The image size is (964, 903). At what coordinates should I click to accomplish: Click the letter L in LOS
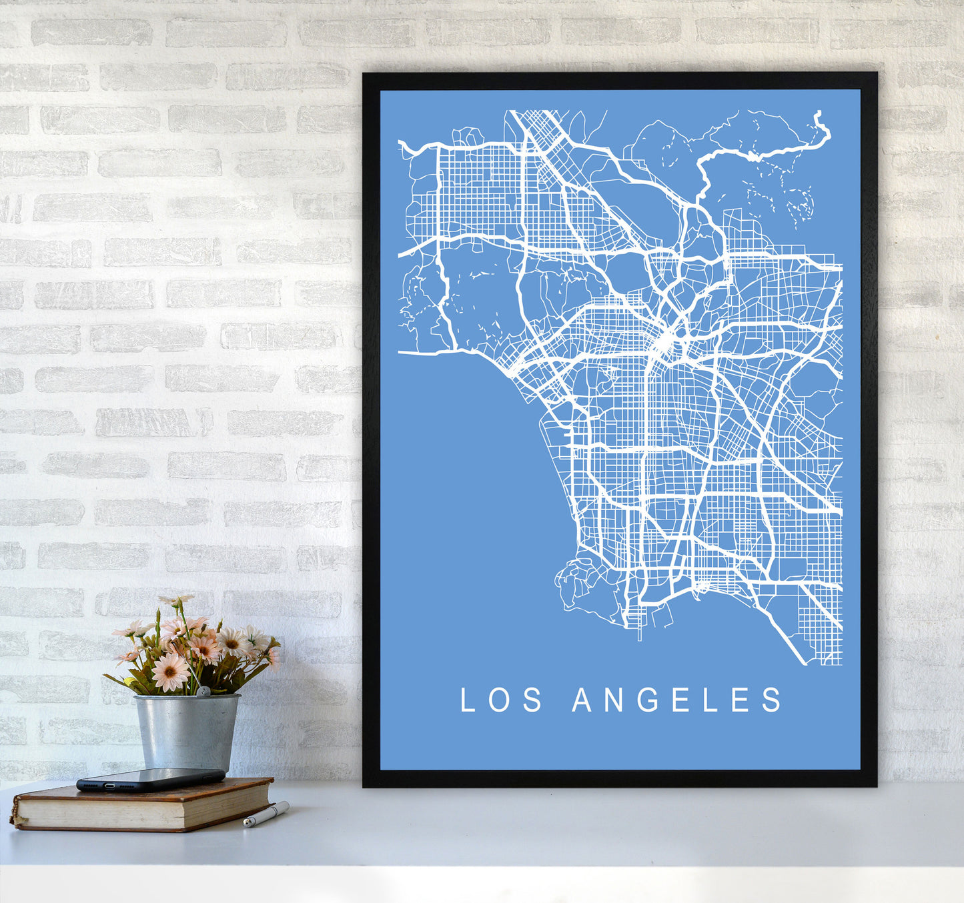coord(467,700)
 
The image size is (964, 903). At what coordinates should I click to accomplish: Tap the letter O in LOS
coord(499,700)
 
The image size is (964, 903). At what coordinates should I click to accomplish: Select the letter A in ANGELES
coord(582,700)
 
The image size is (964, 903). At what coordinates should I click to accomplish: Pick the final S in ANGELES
coord(773,700)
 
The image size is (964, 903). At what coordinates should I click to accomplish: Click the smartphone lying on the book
coord(151,779)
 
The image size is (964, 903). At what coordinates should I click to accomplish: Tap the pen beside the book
coord(266,814)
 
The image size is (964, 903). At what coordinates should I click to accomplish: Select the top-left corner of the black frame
coord(364,74)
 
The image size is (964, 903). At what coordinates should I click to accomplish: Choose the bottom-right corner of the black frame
coord(875,785)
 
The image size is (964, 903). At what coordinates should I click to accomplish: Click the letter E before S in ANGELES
coord(741,700)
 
